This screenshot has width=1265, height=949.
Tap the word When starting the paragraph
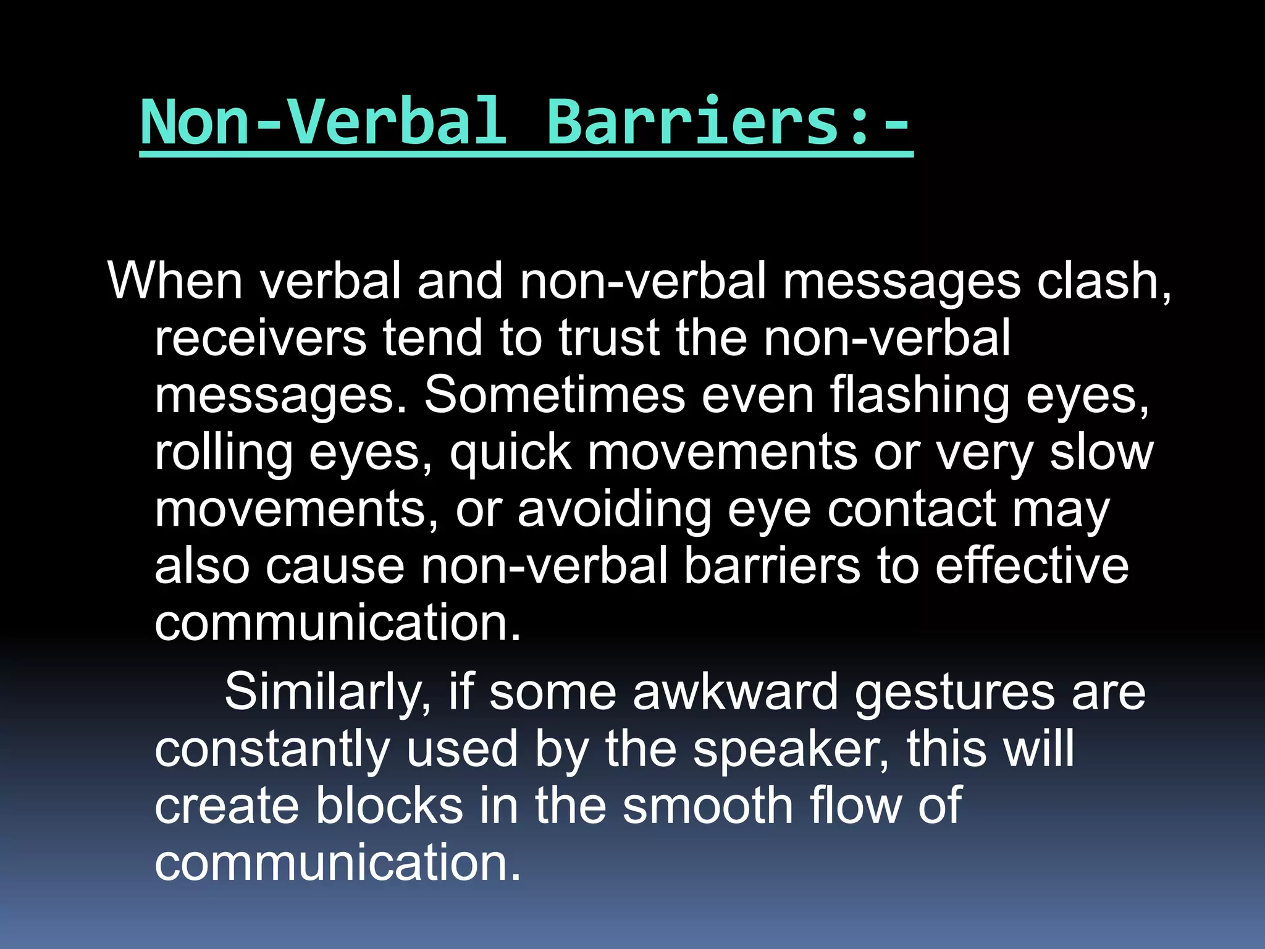[x=175, y=281]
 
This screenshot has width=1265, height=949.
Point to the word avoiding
[x=614, y=510]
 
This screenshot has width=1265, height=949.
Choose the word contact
[x=912, y=510]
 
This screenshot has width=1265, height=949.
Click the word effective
[x=1032, y=567]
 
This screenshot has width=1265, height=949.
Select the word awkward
[x=735, y=692]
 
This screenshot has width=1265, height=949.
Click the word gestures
[x=955, y=692]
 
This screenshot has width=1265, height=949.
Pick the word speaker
[x=791, y=749]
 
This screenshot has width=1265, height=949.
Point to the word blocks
[x=390, y=806]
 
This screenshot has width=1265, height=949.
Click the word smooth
[x=707, y=806]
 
